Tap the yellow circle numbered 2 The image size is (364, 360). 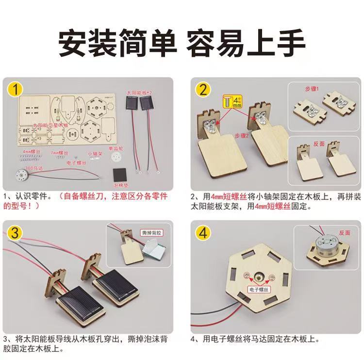pos(203,90)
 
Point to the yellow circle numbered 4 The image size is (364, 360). pos(203,233)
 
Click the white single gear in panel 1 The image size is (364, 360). pos(116,159)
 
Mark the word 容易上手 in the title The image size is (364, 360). pos(247,43)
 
